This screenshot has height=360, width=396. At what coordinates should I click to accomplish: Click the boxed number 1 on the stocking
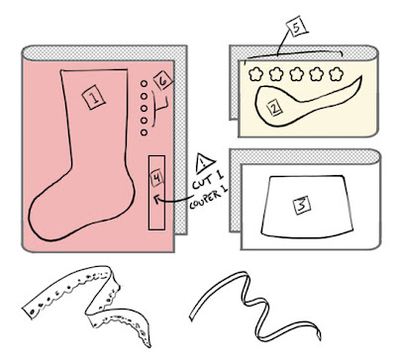(94, 97)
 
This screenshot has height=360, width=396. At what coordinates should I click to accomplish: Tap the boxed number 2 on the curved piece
(275, 107)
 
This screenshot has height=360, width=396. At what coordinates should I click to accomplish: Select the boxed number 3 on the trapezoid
(302, 205)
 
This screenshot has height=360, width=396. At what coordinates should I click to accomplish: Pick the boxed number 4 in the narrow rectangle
(156, 177)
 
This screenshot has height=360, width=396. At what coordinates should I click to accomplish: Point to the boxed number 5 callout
(297, 27)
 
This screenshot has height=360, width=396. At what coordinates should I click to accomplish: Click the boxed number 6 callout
(163, 80)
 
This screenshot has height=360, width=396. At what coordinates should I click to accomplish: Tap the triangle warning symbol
(204, 163)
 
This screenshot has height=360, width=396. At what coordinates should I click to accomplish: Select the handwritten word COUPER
(205, 199)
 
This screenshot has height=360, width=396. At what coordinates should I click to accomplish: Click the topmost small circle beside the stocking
(144, 84)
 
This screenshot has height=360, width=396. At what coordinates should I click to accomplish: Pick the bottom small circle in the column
(144, 133)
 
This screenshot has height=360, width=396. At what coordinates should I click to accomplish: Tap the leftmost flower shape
(255, 74)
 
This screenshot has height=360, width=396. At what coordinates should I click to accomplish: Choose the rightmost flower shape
(337, 74)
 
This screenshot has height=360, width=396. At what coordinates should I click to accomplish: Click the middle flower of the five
(296, 74)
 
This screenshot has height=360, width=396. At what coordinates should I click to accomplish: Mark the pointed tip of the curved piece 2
(361, 76)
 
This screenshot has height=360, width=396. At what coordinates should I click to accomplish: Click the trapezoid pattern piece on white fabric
(307, 207)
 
